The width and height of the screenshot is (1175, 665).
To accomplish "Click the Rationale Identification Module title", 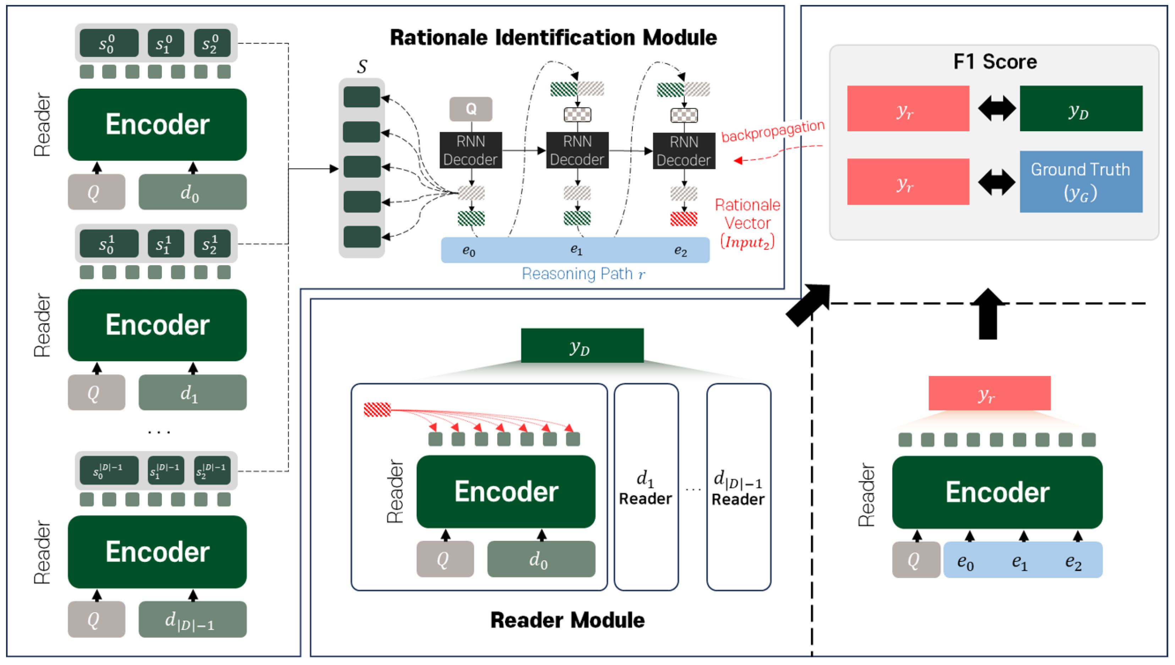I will [x=553, y=38].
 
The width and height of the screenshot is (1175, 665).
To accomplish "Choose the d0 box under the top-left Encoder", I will [x=192, y=192].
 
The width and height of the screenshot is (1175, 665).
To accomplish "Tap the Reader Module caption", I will [x=567, y=620].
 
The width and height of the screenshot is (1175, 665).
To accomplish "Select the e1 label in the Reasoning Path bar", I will [x=576, y=250].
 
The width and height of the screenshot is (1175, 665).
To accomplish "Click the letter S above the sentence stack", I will [x=362, y=67].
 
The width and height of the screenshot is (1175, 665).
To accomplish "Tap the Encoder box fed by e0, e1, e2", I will [x=997, y=492].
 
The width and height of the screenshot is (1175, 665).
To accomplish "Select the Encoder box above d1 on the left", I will [x=157, y=325].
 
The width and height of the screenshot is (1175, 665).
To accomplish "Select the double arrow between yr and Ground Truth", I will [x=996, y=182].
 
